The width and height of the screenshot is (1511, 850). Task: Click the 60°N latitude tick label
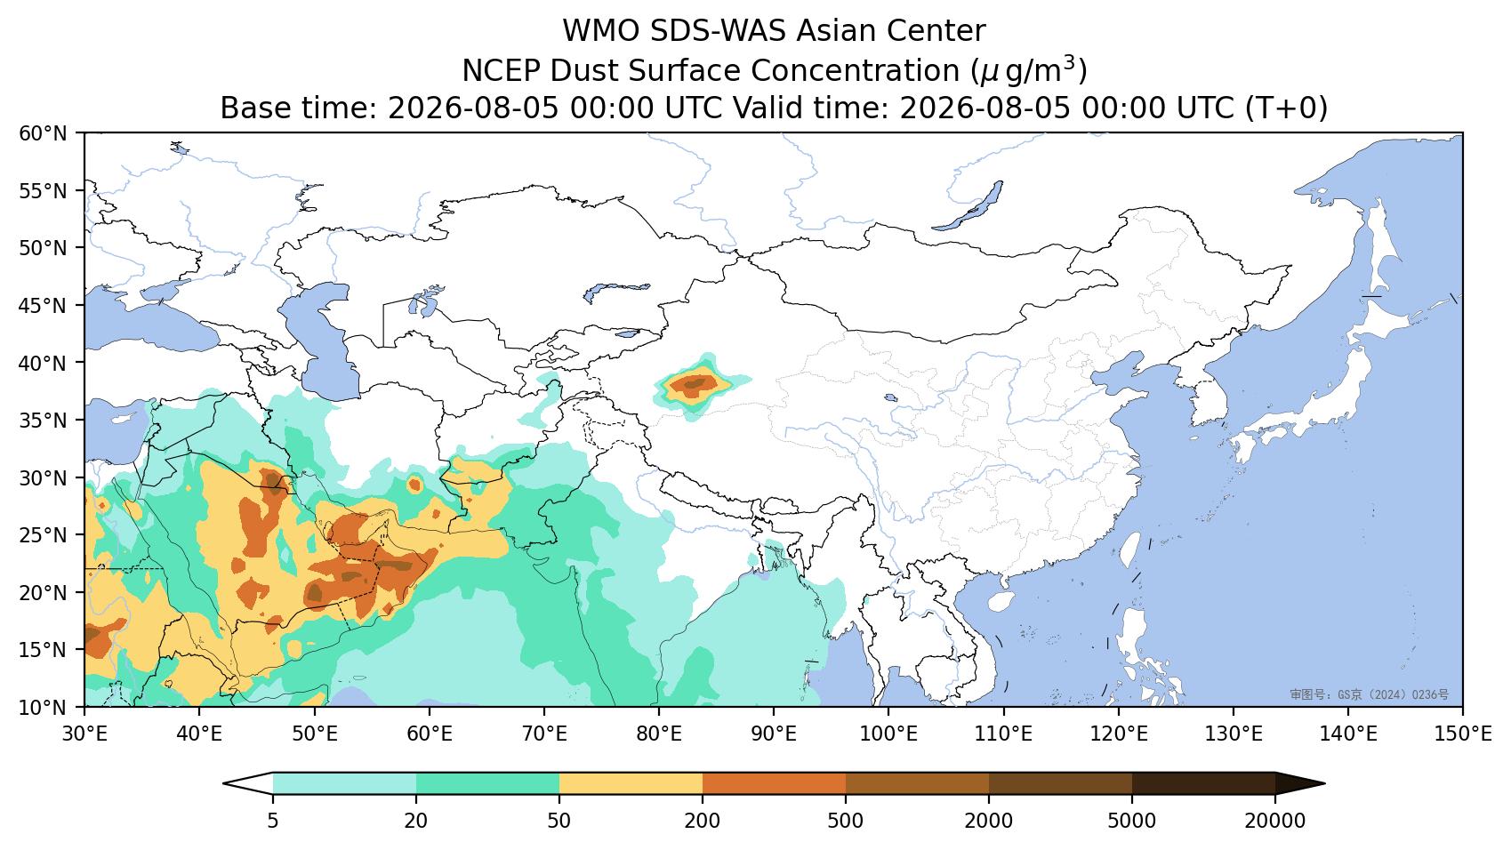click(44, 133)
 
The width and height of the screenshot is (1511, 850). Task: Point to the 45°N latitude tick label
click(44, 306)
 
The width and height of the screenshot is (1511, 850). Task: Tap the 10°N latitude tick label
click(44, 708)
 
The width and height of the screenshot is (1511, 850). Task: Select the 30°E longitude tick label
click(84, 734)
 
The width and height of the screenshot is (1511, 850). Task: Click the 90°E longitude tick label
click(774, 734)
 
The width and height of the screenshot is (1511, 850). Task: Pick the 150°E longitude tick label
click(1462, 734)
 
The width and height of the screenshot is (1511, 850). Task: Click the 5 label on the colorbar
click(272, 821)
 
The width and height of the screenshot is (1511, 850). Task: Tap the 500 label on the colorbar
click(845, 821)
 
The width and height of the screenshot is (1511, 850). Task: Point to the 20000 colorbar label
click(1275, 821)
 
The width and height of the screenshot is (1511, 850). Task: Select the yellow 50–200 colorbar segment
click(631, 784)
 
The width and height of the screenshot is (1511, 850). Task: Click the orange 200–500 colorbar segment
click(775, 784)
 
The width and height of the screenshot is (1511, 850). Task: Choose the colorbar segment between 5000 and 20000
click(1203, 784)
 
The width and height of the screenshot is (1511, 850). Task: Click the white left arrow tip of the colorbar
click(225, 784)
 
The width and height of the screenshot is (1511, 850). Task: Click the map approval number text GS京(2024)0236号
click(1370, 694)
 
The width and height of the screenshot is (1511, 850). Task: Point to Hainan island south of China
click(1001, 601)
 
